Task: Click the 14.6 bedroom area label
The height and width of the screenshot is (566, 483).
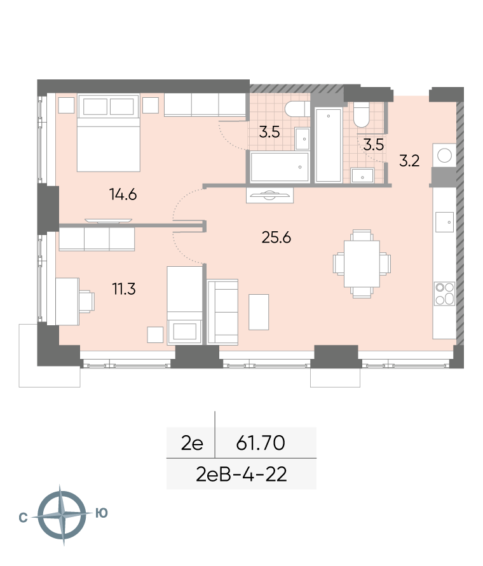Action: tap(123, 195)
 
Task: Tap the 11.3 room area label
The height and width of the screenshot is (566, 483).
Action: tap(124, 289)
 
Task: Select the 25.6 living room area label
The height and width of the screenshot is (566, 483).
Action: tap(276, 238)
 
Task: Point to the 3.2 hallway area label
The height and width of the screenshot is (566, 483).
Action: tap(409, 161)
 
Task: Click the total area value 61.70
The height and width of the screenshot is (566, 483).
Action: tap(261, 443)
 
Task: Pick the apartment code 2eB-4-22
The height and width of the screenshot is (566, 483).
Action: tap(241, 475)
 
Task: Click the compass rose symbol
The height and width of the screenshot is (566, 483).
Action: tap(62, 515)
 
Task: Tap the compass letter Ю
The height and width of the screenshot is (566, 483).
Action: tap(102, 513)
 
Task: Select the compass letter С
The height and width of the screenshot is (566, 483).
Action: tap(23, 518)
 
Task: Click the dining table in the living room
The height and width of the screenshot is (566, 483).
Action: tap(362, 264)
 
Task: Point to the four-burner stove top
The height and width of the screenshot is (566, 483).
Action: tap(445, 293)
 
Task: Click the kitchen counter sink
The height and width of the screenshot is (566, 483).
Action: tap(444, 222)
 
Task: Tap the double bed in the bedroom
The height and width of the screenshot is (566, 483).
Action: tap(109, 133)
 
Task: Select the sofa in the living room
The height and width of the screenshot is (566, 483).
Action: tap(222, 312)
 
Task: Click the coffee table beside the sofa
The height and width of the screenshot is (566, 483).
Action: tap(259, 312)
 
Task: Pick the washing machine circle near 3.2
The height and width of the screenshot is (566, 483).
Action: tap(444, 156)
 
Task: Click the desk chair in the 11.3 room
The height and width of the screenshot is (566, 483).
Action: tap(86, 301)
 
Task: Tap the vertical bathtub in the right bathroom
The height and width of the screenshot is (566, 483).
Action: tap(328, 145)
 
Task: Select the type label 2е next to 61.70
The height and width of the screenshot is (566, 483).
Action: tap(192, 443)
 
